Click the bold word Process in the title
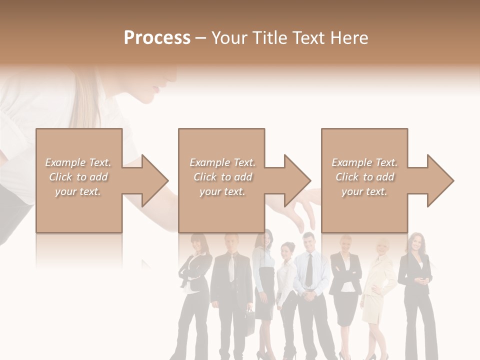(157, 38)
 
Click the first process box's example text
(78, 177)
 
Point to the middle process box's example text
(222, 177)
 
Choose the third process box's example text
(364, 177)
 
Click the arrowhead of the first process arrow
(155, 180)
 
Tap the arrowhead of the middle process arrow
(297, 180)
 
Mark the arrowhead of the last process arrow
(440, 180)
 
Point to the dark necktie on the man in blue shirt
(309, 270)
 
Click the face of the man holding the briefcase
(231, 243)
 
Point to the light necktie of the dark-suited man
(231, 267)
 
